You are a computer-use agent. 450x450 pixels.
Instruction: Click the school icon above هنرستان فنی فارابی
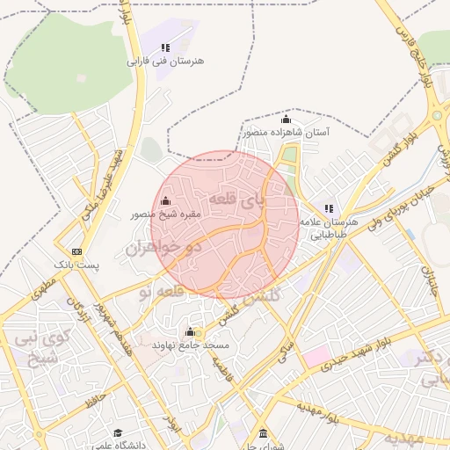(165, 47)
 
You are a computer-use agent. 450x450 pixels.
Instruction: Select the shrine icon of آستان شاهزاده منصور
(286, 119)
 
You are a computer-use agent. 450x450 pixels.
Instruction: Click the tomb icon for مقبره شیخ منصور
(166, 201)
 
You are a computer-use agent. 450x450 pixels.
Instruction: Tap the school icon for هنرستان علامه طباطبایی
(329, 208)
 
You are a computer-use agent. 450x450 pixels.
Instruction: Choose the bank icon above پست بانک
(77, 250)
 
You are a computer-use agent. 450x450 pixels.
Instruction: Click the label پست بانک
(77, 264)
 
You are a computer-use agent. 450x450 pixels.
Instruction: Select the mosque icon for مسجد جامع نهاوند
(190, 331)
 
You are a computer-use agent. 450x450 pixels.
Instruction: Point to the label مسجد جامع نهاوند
(191, 345)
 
